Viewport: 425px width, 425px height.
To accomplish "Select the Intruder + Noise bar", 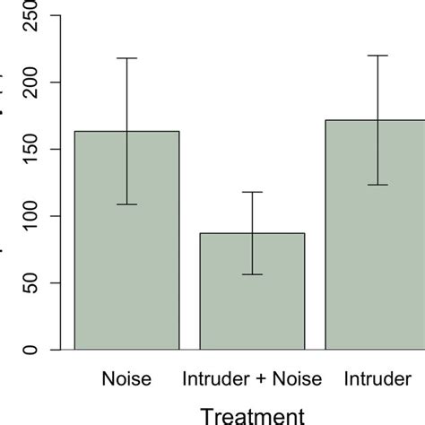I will pyautogui.click(x=252, y=291).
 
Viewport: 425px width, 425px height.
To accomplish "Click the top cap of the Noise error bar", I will pyautogui.click(x=126, y=58).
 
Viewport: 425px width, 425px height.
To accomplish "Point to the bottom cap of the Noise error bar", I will pyautogui.click(x=126, y=204).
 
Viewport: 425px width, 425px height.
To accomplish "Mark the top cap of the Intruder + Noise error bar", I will pyautogui.click(x=252, y=192).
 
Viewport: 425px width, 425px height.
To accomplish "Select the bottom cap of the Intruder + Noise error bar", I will pyautogui.click(x=252, y=274).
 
